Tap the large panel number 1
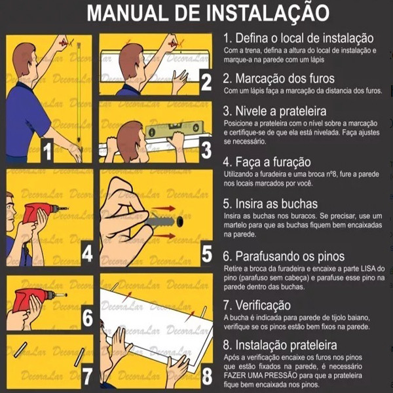pos(47,151)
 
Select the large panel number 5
pos(207,254)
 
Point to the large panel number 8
pos(207,376)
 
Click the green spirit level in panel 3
pos(175,129)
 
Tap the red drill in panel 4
pos(41,212)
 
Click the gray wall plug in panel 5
pos(162,222)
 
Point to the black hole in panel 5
pos(179,221)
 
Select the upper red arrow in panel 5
pos(164,208)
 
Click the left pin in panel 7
pos(20,350)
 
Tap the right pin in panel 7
pos(80,358)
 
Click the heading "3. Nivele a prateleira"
pos(274,111)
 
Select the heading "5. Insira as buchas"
pos(270,204)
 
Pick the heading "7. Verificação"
pos(257,305)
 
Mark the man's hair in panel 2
pos(130,59)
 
